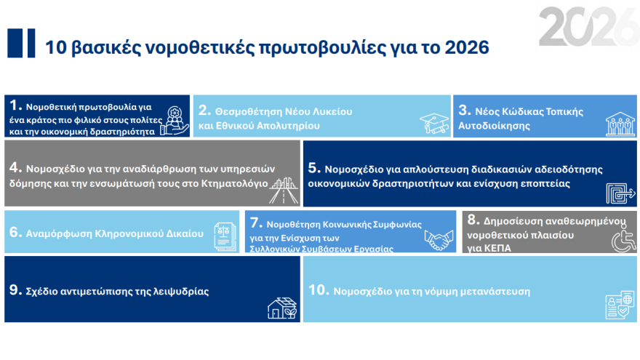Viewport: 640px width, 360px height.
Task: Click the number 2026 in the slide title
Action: click(x=463, y=48)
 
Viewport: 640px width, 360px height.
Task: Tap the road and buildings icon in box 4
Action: click(x=281, y=191)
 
